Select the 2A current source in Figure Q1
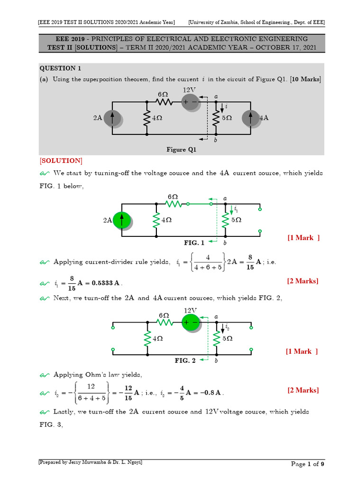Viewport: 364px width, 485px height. [112, 118]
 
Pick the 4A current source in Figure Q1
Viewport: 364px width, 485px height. [251, 118]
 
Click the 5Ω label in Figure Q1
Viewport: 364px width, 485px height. [227, 118]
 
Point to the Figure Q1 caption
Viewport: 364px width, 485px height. [181, 150]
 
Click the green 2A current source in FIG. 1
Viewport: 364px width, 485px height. [122, 220]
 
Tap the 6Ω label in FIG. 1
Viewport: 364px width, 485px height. [172, 196]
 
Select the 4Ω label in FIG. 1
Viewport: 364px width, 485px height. [166, 220]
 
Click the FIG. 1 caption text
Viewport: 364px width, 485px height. [194, 243]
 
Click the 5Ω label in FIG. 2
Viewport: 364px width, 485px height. [227, 339]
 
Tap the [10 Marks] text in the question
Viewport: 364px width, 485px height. [302, 80]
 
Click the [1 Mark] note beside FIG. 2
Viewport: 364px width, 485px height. [301, 351]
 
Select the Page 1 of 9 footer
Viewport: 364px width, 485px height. [308, 464]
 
